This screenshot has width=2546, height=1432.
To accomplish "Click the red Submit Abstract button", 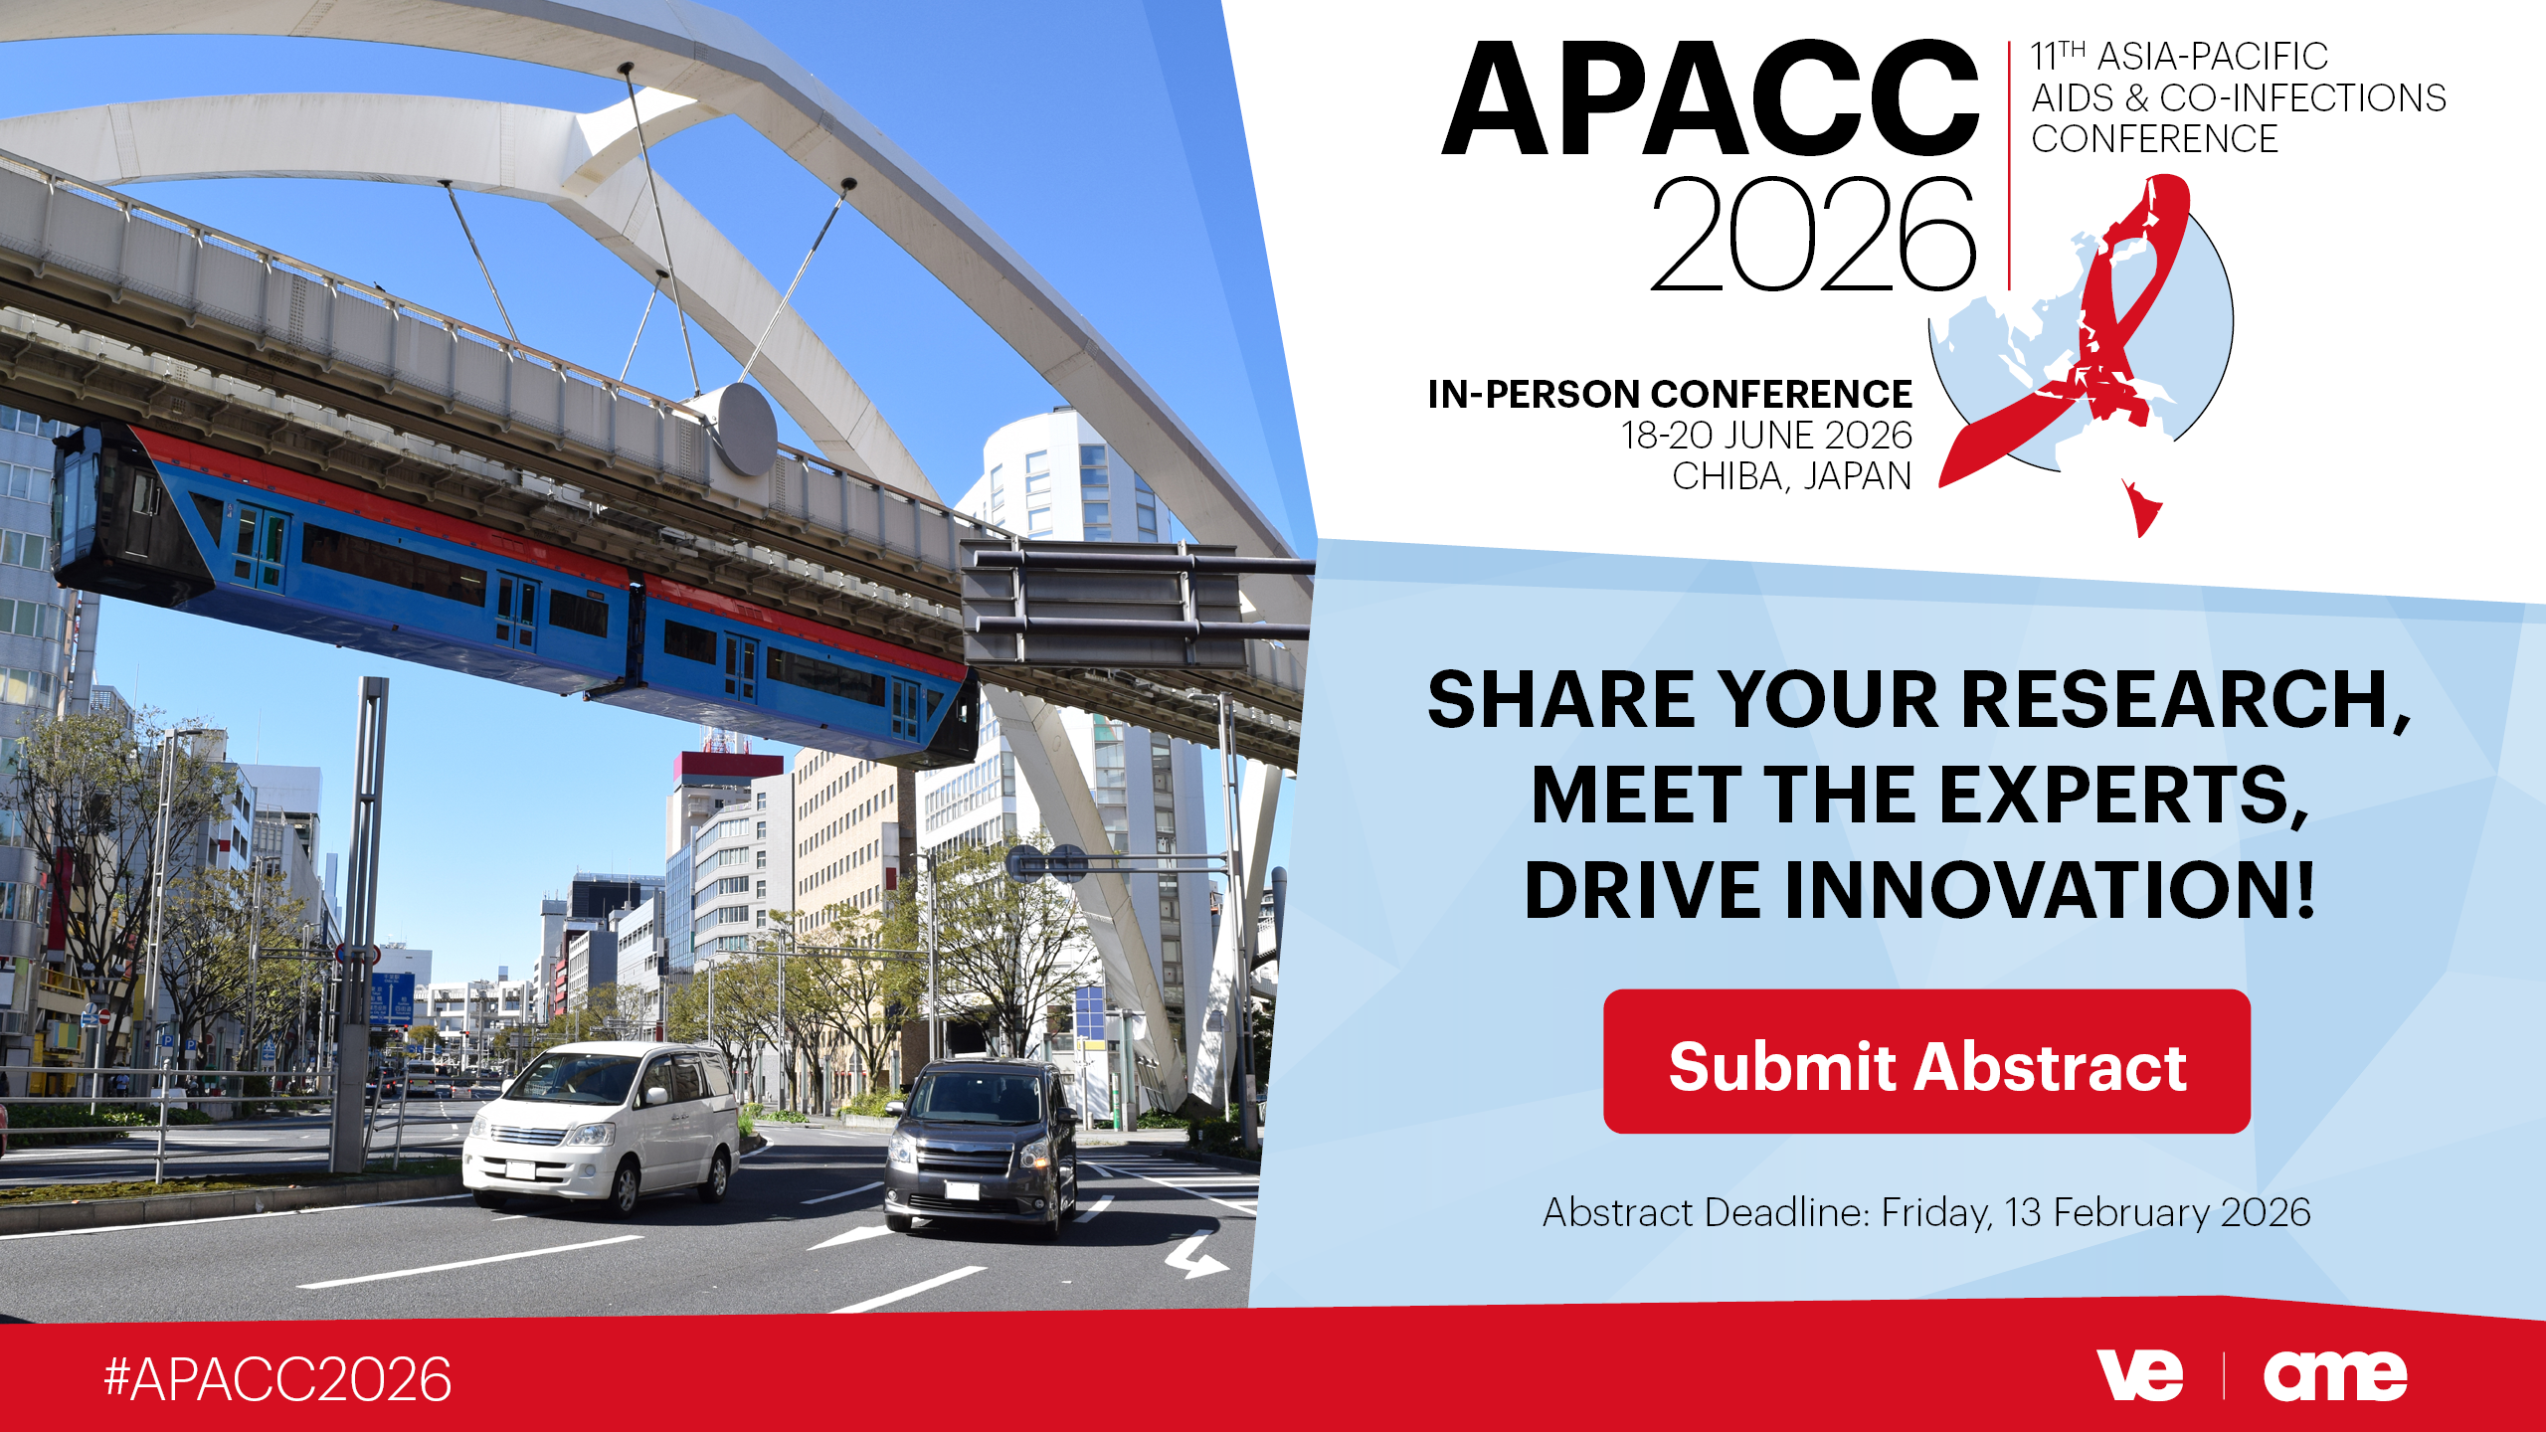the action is [1926, 1061].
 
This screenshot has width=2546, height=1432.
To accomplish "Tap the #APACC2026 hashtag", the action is [277, 1379].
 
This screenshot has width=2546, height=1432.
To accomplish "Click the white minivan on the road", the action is [604, 1128].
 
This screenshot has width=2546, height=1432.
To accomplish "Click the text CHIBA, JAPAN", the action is [1792, 476].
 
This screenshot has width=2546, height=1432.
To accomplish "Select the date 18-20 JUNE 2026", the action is [1767, 436].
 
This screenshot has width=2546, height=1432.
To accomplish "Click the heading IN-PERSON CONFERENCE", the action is [1670, 395].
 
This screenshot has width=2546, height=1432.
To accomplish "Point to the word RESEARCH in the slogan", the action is [2185, 700].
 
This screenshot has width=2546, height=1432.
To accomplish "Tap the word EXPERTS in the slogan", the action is [2122, 795].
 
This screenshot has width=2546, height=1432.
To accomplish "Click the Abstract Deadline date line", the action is [1926, 1212].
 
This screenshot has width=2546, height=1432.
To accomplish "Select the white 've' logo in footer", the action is [2139, 1375].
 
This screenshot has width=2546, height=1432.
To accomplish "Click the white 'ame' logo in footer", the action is [2335, 1376].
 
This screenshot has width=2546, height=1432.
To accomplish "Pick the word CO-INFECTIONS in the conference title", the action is [2302, 97].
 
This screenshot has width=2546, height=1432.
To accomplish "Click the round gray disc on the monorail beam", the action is [745, 430].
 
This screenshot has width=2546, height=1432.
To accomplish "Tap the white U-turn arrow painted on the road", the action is [1197, 1255].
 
